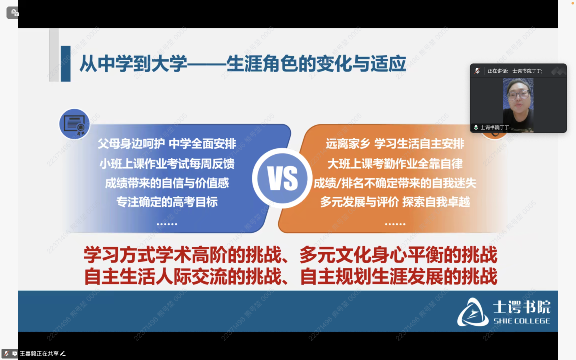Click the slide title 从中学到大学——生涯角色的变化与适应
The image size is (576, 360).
click(242, 64)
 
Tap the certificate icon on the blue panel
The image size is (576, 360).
click(74, 124)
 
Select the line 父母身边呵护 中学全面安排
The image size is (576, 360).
click(167, 144)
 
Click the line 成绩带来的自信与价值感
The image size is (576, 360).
click(167, 183)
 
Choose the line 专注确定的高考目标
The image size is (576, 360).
click(167, 202)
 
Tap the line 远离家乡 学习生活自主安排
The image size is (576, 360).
click(395, 144)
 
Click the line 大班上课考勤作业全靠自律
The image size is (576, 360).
click(395, 163)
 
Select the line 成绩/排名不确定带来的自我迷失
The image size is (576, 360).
click(395, 183)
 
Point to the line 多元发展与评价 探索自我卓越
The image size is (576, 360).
click(395, 202)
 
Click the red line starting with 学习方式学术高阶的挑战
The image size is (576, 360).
click(290, 255)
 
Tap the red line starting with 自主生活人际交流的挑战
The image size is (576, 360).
click(290, 276)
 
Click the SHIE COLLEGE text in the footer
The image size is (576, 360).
click(521, 321)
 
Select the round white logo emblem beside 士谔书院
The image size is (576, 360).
click(472, 312)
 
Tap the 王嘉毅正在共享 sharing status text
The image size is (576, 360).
click(39, 353)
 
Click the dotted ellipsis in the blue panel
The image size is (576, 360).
click(167, 223)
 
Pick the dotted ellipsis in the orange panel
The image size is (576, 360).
click(395, 223)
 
